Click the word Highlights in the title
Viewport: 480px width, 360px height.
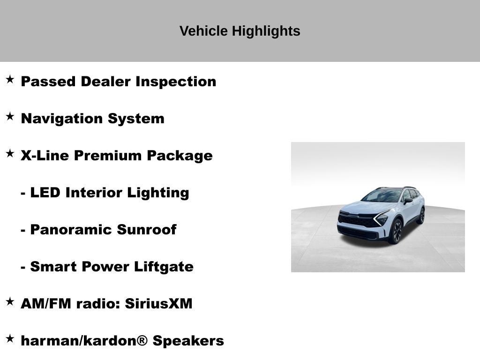(266, 31)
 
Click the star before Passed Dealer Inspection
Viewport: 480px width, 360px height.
(10, 80)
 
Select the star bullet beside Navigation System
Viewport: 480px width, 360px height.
(10, 117)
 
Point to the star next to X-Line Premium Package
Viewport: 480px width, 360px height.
(10, 154)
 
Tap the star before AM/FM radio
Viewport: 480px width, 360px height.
(10, 302)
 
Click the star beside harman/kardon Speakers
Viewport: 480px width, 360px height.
(10, 339)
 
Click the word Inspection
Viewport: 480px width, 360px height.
(176, 82)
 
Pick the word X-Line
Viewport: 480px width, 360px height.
(45, 156)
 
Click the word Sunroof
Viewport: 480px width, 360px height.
(146, 230)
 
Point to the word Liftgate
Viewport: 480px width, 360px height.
(164, 267)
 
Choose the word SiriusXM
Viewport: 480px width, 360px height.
(158, 304)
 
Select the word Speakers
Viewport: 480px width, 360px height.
(188, 341)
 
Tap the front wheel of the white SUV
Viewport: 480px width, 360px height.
(397, 231)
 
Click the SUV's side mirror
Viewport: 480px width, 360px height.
(408, 201)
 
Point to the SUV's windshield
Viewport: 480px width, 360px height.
(382, 195)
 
